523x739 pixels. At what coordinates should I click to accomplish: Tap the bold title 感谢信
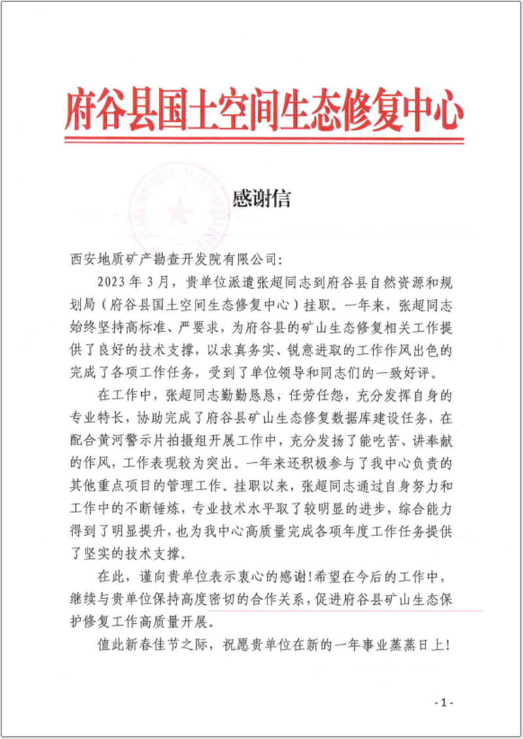tap(261, 199)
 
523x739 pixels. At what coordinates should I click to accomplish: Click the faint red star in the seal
tap(175, 211)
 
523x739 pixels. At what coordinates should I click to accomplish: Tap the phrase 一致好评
tap(414, 372)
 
